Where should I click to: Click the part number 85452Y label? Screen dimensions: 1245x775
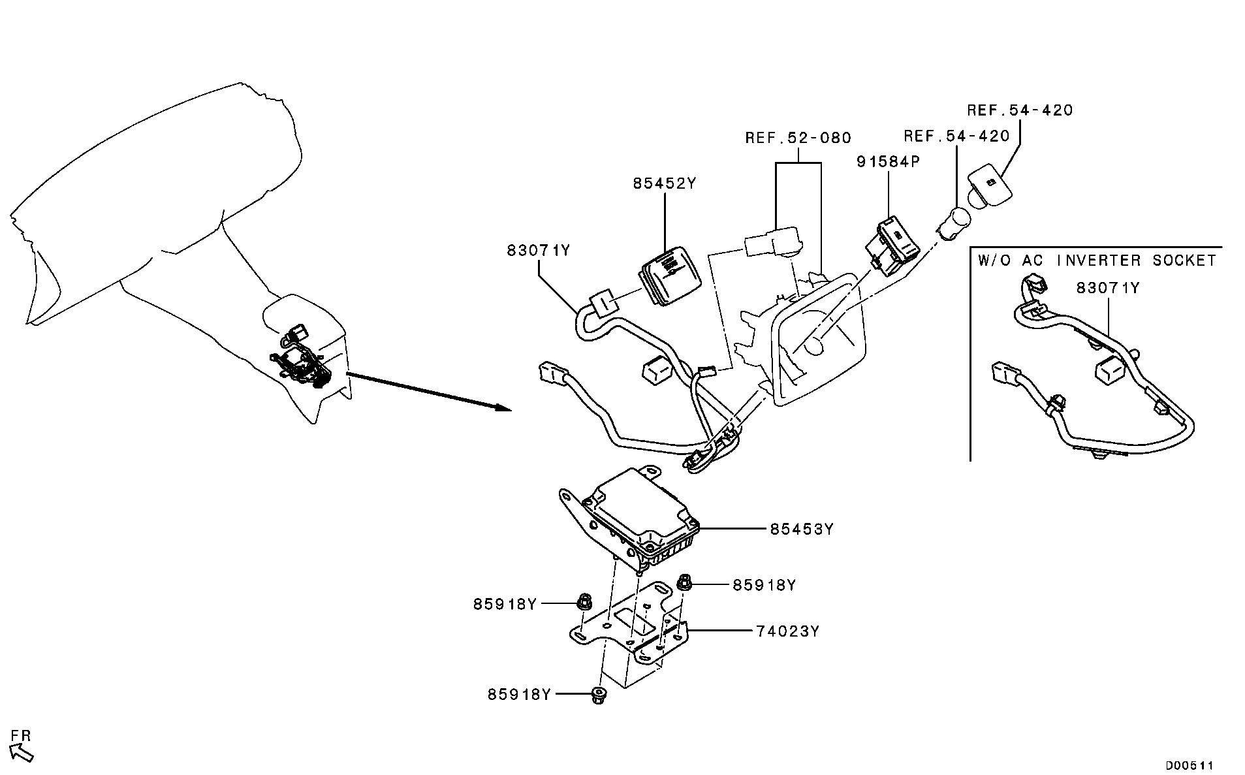(x=665, y=183)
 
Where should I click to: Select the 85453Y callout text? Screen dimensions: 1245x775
(x=802, y=529)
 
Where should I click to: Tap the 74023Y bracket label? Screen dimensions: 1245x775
(x=788, y=631)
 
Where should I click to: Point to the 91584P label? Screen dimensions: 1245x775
(x=888, y=161)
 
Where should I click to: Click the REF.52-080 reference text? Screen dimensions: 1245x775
(x=798, y=138)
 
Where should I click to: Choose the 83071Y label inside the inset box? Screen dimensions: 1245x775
(x=1108, y=287)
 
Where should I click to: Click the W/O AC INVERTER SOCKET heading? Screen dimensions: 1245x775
(x=1097, y=261)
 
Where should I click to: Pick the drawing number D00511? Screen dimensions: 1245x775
(x=1190, y=765)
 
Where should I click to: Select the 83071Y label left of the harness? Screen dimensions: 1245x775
(x=539, y=250)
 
